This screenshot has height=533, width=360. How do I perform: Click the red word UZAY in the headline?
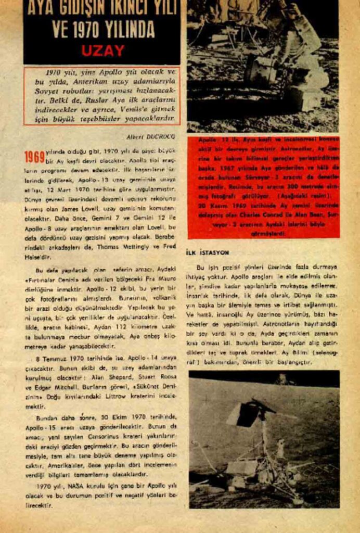(102, 50)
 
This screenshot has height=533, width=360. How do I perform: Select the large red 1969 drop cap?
(34, 157)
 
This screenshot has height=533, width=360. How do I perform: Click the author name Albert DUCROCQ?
(151, 136)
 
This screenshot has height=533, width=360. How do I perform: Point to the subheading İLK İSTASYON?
(208, 252)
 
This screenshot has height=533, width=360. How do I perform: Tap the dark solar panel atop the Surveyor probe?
(242, 414)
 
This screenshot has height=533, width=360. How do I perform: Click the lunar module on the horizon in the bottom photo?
(283, 379)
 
